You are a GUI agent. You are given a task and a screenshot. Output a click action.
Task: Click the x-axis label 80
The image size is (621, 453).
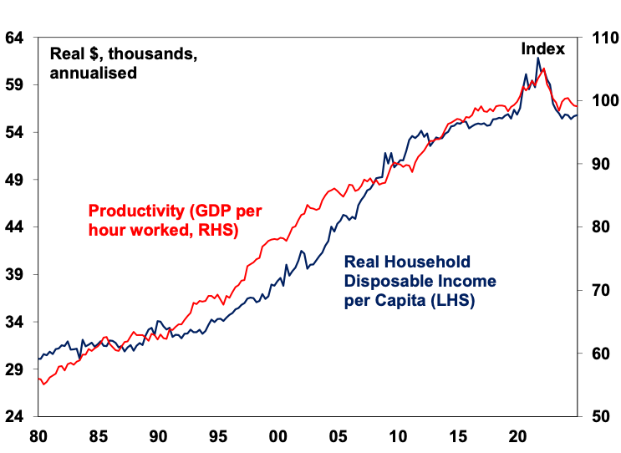pos(38,436)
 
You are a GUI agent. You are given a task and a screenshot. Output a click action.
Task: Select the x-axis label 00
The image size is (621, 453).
pos(277,436)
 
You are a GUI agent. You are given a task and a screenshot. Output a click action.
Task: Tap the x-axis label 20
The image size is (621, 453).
pos(517,436)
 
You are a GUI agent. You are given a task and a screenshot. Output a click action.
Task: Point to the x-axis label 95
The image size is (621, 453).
pos(217,436)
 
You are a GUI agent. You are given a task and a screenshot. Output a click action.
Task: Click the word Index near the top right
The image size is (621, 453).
pos(543,49)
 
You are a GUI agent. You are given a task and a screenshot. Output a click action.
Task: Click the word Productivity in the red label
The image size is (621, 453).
pos(128,211)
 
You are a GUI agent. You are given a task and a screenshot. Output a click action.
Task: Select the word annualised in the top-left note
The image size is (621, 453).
pos(93,73)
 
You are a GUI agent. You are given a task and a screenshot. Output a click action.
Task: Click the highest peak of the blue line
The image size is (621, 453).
pos(539,58)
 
